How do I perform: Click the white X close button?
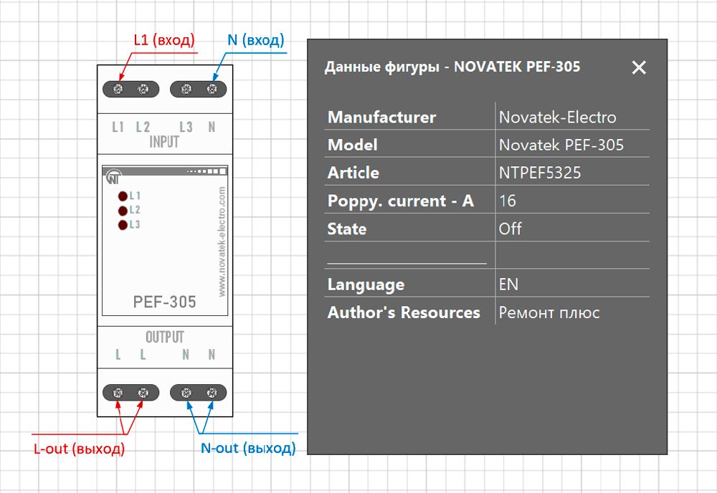click(639, 67)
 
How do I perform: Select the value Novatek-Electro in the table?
click(557, 118)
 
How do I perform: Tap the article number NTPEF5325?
click(540, 173)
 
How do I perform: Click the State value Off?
click(510, 229)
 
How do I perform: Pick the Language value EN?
click(508, 284)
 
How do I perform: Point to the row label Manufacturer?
click(381, 118)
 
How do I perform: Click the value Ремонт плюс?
click(549, 312)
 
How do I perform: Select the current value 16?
click(507, 201)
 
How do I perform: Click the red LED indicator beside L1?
click(123, 196)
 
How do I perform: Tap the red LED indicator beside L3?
click(123, 225)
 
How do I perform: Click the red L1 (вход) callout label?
click(164, 40)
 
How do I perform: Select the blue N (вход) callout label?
click(256, 40)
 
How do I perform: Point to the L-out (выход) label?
click(79, 449)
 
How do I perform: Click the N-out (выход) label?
click(248, 449)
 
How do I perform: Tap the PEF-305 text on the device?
click(165, 302)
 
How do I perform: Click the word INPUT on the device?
click(164, 142)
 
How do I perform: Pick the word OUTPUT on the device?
click(165, 338)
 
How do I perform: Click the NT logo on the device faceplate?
click(114, 177)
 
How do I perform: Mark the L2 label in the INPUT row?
click(143, 127)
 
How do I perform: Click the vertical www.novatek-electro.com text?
click(222, 241)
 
